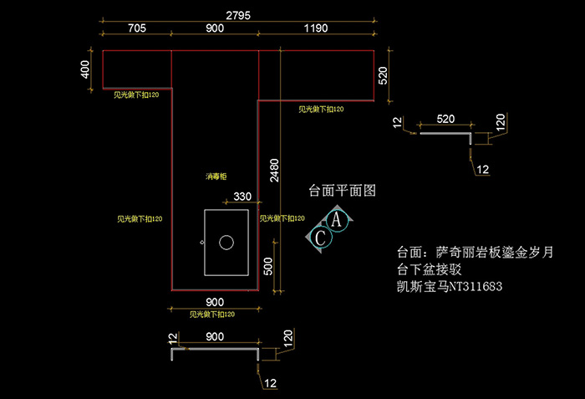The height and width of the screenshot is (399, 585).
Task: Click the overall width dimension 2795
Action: (237, 14)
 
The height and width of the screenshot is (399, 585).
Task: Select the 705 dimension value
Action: (137, 28)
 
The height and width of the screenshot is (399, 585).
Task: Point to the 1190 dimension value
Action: (315, 28)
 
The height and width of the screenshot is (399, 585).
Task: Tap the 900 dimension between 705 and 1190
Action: (215, 28)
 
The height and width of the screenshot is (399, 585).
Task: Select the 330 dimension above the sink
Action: (242, 197)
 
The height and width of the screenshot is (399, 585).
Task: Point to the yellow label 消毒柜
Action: (216, 176)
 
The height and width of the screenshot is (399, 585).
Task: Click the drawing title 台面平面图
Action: (343, 190)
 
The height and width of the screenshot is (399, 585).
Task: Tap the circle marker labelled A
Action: (336, 220)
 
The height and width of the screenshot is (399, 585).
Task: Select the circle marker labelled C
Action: (320, 238)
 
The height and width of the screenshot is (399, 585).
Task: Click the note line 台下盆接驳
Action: (431, 270)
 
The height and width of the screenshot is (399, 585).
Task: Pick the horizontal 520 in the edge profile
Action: (445, 119)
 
